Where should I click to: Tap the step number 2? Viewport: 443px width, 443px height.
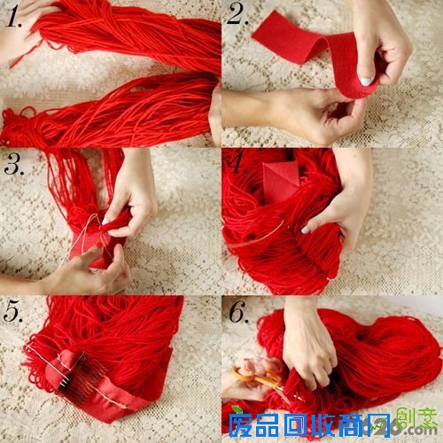pos(237,14)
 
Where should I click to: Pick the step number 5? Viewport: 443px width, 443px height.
pos(15,312)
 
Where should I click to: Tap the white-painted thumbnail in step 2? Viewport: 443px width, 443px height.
pos(366,82)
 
